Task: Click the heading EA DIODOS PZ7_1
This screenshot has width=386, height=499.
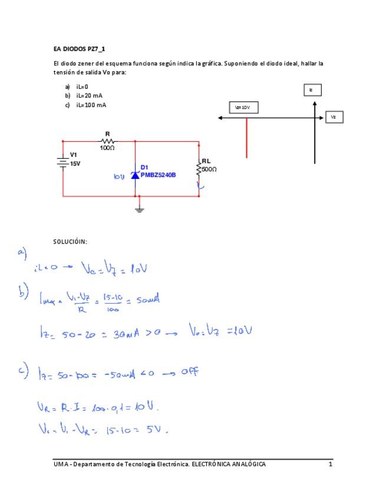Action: coord(79,49)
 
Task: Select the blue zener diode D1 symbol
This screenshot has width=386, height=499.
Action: coord(136,175)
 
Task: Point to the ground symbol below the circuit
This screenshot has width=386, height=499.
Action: coord(139,209)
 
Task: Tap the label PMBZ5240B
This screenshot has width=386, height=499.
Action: coord(158,175)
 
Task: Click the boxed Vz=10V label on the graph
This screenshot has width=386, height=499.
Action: coord(243,108)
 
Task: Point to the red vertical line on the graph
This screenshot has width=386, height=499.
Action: coord(246,138)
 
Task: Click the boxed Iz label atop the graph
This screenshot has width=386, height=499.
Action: coord(313,89)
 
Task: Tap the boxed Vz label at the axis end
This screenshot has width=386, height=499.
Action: coord(334,117)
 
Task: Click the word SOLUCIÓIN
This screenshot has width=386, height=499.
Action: coord(70,241)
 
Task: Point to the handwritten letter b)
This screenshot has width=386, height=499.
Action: coord(24,292)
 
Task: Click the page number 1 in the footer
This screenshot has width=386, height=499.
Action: coord(331,464)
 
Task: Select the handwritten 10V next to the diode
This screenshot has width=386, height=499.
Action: coord(120,175)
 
